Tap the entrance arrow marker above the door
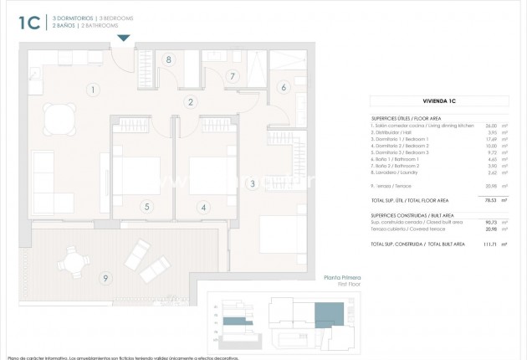coord(124,38)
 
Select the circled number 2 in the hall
coord(191,103)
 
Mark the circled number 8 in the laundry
coord(169,60)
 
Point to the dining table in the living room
coord(58,119)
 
